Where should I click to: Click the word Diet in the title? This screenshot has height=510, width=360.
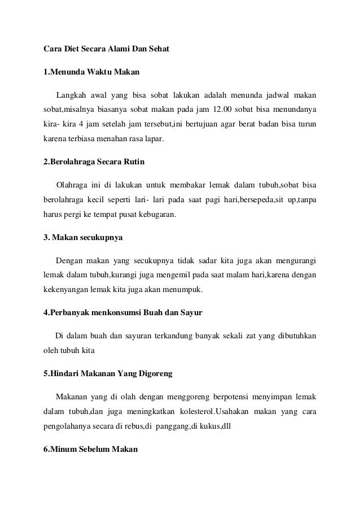71,49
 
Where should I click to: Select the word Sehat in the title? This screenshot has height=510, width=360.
159,49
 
